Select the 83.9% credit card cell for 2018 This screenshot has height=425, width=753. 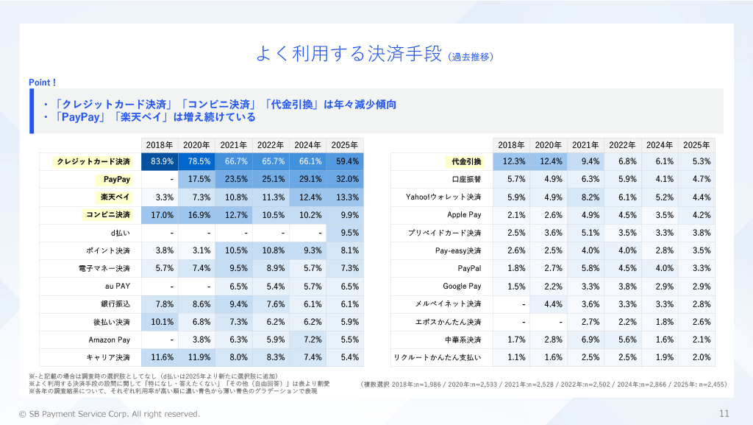pos(161,161)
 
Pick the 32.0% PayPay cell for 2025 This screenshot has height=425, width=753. pos(345,179)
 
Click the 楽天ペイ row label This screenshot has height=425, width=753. pos(115,197)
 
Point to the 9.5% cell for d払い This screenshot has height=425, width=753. pos(345,233)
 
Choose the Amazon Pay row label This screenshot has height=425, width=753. pos(109,340)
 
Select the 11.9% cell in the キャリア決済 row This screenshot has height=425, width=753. pos(197,358)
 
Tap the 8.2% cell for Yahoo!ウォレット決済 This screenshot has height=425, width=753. pos(586,197)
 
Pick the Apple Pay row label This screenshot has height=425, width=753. pos(464,215)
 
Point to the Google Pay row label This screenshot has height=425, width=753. pos(462,286)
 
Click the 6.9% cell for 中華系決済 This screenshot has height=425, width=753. pos(586,340)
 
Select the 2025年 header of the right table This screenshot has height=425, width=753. pos(696,145)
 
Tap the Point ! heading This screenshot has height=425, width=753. pos(43,82)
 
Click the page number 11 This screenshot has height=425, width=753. pos(724,413)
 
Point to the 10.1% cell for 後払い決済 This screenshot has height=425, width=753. pos(161,322)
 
